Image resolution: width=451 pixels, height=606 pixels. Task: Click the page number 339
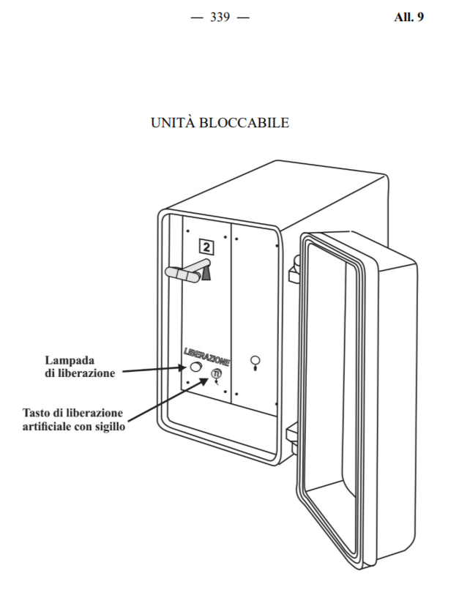(220, 17)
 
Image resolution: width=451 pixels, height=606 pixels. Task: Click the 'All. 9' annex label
(409, 17)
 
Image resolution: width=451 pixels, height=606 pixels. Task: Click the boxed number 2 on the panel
(206, 247)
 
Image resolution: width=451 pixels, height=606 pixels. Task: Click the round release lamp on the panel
(195, 368)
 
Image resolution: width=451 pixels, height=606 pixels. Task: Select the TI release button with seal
(216, 374)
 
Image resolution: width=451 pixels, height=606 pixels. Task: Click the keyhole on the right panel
(255, 362)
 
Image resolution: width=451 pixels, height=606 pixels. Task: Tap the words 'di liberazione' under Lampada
(79, 373)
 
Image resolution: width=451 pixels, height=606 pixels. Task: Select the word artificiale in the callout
(53, 427)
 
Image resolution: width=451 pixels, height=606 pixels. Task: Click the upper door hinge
(294, 269)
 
